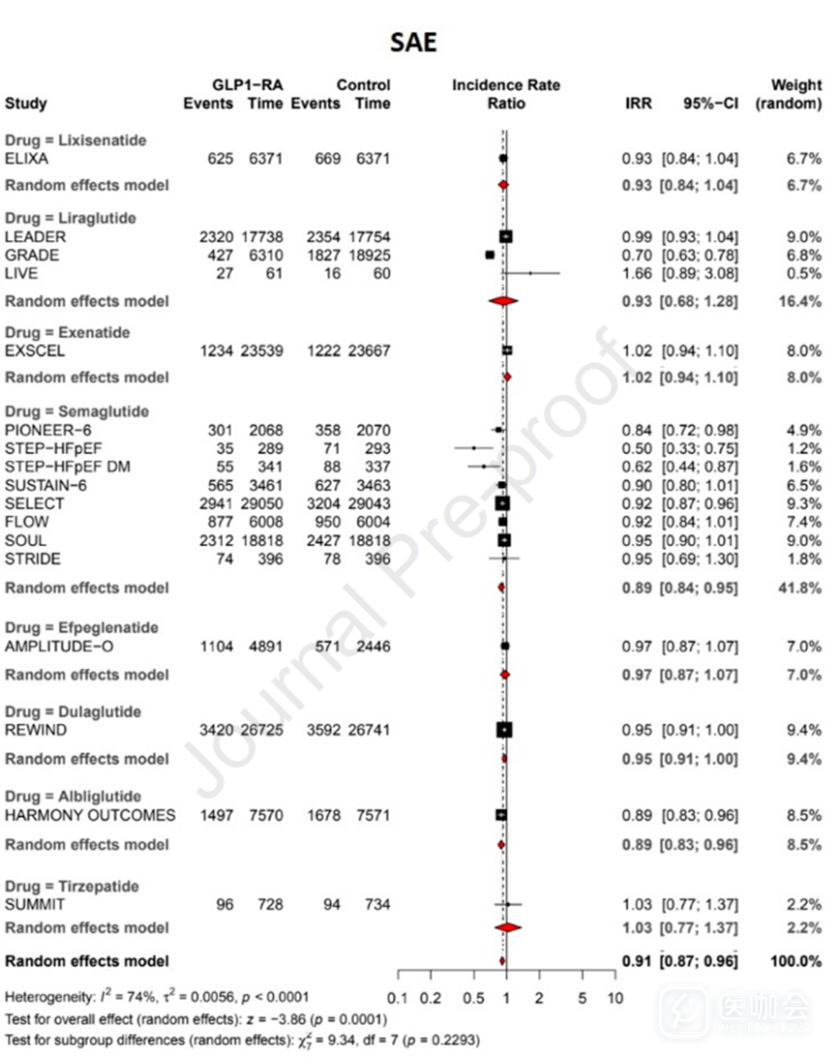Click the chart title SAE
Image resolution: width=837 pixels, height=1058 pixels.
tap(414, 42)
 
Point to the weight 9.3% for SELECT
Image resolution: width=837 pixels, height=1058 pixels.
tap(804, 503)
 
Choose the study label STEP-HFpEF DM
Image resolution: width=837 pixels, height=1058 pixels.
tap(54, 467)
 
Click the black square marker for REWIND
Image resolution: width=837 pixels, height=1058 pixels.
tap(503, 730)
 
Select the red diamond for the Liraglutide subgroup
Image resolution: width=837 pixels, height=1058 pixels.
tap(503, 301)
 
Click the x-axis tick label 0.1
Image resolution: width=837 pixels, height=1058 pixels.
tap(397, 998)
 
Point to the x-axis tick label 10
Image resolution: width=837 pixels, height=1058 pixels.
tap(613, 998)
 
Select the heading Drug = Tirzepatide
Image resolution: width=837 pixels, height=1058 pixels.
tap(72, 886)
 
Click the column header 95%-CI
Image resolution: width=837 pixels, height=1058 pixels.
tap(711, 104)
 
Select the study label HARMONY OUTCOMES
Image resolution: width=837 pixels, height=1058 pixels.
tap(91, 815)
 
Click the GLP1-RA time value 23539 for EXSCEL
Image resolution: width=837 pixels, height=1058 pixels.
tap(261, 350)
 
